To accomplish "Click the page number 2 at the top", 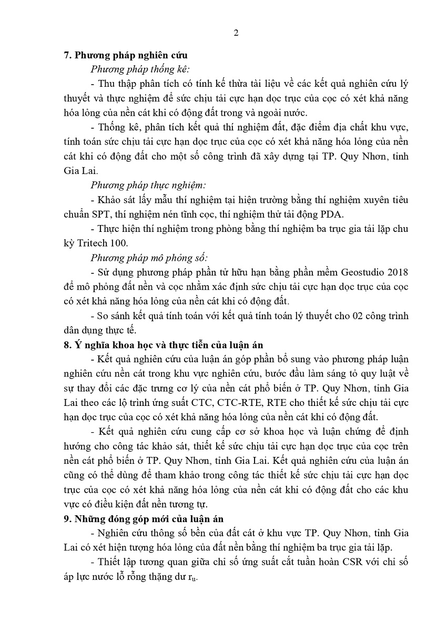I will pyautogui.click(x=236, y=33).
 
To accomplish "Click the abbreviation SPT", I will pyautogui.click(x=100, y=214).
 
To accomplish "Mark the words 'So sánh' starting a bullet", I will pyautogui.click(x=113, y=316).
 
